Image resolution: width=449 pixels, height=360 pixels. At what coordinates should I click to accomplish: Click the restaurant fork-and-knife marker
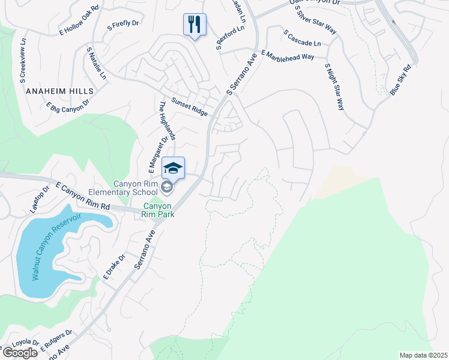coord(194,25)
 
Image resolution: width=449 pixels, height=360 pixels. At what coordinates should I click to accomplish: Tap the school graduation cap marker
coord(173,169)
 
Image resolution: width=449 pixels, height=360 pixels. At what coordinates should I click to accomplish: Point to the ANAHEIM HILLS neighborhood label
coord(60,91)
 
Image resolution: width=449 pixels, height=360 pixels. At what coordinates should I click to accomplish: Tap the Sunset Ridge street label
coord(190,107)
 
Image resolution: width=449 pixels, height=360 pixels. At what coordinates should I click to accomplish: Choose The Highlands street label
coord(166,120)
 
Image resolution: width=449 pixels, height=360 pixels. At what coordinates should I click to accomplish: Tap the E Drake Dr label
coord(114,267)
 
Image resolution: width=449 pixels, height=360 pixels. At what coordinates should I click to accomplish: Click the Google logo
coord(20,353)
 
